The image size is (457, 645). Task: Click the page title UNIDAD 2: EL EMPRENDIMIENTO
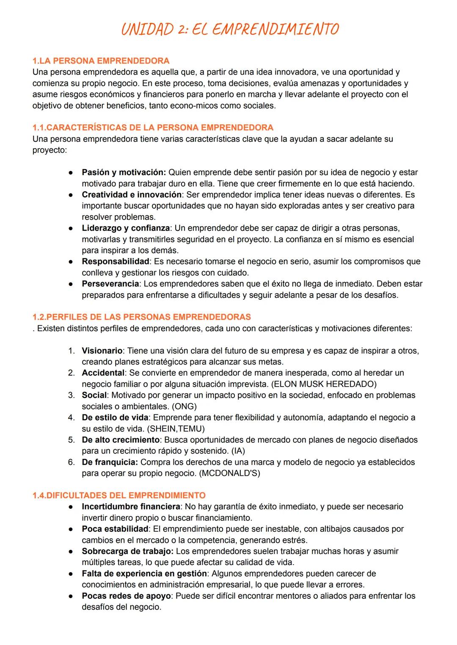(x=230, y=30)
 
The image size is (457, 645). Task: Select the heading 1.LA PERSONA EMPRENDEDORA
(x=101, y=60)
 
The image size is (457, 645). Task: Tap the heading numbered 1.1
(x=153, y=127)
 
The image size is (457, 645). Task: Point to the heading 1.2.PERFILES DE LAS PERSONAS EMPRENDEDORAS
(x=141, y=317)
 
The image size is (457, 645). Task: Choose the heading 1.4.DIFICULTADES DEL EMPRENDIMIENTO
(x=119, y=495)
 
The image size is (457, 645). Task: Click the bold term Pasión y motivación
(x=124, y=173)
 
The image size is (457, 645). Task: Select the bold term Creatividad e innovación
(x=132, y=195)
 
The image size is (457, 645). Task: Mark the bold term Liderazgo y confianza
(x=126, y=228)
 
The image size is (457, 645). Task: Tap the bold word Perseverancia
(x=110, y=284)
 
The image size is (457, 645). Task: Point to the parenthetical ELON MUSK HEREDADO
(x=323, y=384)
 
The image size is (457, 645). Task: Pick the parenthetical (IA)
(x=238, y=451)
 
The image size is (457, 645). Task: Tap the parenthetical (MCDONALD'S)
(x=229, y=473)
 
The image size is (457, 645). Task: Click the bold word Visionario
(x=102, y=351)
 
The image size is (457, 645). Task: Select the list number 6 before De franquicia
(x=71, y=462)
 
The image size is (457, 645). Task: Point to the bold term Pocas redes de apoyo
(x=127, y=596)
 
